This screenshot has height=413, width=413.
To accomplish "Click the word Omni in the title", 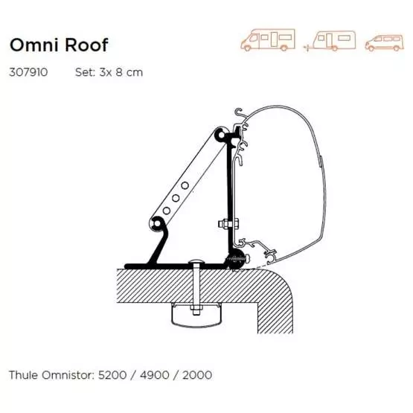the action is click(x=33, y=45).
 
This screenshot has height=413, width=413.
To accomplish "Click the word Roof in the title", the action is click(x=86, y=45).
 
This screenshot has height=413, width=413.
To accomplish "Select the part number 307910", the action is click(x=28, y=72).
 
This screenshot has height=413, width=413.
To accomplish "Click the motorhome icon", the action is click(x=268, y=39).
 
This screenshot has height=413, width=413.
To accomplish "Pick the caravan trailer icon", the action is click(x=330, y=41).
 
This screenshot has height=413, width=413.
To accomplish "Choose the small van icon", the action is click(x=384, y=42).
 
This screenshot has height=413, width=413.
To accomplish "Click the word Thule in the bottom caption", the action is click(x=24, y=375).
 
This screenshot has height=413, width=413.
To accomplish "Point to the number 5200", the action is click(x=112, y=375).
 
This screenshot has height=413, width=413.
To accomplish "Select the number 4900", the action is click(x=155, y=375).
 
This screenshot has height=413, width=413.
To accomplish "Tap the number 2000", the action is click(x=197, y=375).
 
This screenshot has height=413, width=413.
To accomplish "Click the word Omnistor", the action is click(x=68, y=375).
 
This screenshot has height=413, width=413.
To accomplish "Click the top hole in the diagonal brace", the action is click(x=185, y=185).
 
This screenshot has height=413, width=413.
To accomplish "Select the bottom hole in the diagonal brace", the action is click(x=167, y=211).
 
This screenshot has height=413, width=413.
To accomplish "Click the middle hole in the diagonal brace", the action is click(x=176, y=198).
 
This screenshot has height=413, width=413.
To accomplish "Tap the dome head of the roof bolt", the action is click(x=196, y=262).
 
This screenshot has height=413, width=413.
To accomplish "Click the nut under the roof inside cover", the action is click(x=196, y=310).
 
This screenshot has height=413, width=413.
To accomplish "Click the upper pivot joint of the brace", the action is click(x=221, y=135).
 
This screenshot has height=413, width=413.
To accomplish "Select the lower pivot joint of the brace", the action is click(x=157, y=224).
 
